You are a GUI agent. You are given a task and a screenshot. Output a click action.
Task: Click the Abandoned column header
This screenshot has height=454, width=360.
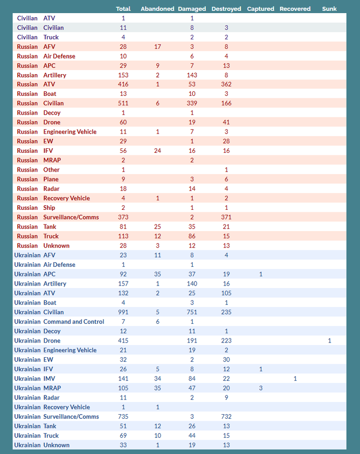point(157,9)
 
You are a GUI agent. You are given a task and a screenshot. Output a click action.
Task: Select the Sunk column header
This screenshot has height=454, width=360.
point(329,9)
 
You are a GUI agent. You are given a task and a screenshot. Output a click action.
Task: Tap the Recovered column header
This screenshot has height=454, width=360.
point(295,9)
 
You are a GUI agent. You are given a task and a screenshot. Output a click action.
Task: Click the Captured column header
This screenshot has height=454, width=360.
point(261,9)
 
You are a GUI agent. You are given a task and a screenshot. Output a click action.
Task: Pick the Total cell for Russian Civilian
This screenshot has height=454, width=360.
point(123,103)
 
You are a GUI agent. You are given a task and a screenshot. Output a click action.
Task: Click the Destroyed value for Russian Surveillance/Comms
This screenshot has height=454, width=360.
point(226,217)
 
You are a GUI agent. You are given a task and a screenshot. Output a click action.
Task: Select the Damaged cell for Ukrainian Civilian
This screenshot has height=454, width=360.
point(192,312)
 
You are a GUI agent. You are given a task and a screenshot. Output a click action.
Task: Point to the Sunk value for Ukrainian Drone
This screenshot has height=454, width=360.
point(330,341)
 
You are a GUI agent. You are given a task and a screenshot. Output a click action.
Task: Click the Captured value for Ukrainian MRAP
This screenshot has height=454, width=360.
point(261,388)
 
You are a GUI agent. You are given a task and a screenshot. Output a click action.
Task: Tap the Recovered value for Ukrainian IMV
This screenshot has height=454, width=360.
point(295,379)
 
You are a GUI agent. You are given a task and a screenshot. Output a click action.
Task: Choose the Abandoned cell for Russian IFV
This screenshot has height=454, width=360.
point(158,151)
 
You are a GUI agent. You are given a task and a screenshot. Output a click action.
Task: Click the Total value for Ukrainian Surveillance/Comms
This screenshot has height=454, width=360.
point(123,417)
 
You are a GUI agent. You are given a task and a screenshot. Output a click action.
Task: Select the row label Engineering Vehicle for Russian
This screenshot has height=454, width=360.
point(70,132)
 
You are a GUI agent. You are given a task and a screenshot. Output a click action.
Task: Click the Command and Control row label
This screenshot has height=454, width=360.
point(74,322)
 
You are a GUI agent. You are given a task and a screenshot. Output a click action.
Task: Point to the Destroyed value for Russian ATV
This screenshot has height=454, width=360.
point(226,84)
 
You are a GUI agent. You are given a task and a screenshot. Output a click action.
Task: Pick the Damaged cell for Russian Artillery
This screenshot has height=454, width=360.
point(192,75)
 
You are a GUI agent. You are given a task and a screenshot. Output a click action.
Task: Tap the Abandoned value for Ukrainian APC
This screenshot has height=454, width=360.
point(158,274)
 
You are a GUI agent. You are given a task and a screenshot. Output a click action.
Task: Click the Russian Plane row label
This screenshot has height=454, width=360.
point(51,179)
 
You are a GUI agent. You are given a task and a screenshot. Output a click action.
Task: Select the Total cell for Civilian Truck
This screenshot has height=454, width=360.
point(123,37)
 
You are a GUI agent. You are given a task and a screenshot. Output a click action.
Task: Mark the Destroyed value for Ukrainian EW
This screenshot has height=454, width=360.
point(226,360)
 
